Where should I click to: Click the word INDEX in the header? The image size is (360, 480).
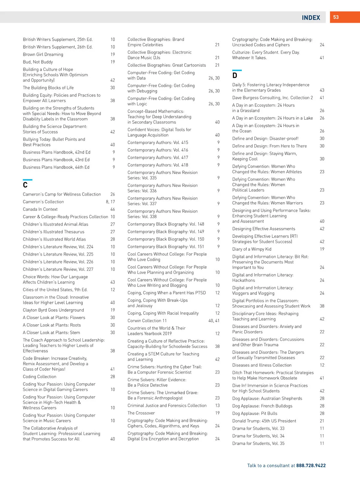311,18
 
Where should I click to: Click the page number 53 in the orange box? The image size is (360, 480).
336,17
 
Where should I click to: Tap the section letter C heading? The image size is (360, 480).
25,185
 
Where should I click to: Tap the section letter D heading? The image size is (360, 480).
235,75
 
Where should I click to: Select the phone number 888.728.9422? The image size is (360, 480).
311,466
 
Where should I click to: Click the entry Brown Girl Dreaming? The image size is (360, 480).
43,55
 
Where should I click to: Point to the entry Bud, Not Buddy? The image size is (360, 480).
38,62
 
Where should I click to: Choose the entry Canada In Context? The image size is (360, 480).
40,209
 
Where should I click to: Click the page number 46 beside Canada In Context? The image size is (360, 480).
112,209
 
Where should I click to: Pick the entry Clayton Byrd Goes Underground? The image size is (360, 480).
53,310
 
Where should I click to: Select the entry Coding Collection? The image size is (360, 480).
40,377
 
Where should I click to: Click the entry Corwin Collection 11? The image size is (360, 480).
147,321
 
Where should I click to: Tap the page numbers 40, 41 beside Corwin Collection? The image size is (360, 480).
214,321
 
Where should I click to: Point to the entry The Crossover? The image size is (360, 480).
141,413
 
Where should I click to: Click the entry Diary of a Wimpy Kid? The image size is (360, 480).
252,249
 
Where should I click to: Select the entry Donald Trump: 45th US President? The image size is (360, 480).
264,421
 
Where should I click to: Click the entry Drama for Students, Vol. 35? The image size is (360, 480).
258,443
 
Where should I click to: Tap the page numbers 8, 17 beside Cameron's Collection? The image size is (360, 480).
110,202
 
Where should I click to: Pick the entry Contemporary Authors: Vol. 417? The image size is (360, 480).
158,157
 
